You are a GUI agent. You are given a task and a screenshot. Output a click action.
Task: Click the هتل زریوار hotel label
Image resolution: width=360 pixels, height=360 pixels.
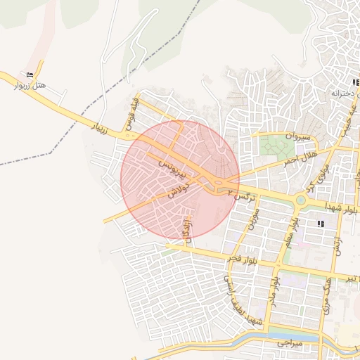(x=30, y=85)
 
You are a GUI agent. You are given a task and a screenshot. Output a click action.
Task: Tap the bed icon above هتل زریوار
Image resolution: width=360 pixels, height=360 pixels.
(x=30, y=75)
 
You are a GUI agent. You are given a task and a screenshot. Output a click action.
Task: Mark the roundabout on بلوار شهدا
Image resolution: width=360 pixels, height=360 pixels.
(x=300, y=200)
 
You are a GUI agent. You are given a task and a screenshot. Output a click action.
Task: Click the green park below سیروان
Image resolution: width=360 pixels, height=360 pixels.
(x=276, y=147)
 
